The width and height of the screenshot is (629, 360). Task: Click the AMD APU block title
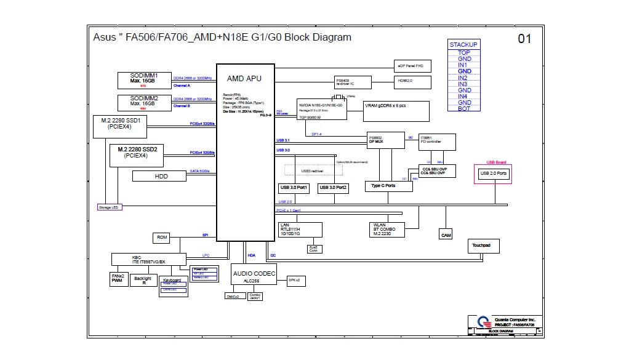pos(244,78)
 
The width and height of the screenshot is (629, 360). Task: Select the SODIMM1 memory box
pos(144,79)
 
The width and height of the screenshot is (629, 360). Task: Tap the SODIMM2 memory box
pos(144,102)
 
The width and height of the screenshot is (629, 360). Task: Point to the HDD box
pos(161,177)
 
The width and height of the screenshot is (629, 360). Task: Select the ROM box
pos(162,238)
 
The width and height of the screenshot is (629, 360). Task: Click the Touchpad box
pos(483,246)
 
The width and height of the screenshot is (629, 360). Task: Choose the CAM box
pos(446,235)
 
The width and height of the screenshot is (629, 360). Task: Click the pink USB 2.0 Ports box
pos(493,174)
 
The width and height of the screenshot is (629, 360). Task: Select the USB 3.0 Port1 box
pos(294,188)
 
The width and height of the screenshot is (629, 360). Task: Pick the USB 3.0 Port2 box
pos(333,188)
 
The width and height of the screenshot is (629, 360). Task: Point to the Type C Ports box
pos(383,186)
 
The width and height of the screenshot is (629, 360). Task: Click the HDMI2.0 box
pos(412,81)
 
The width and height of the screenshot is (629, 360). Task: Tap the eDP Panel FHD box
pos(412,66)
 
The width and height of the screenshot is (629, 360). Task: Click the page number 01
pos(524,39)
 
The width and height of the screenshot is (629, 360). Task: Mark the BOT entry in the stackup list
pos(464,108)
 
